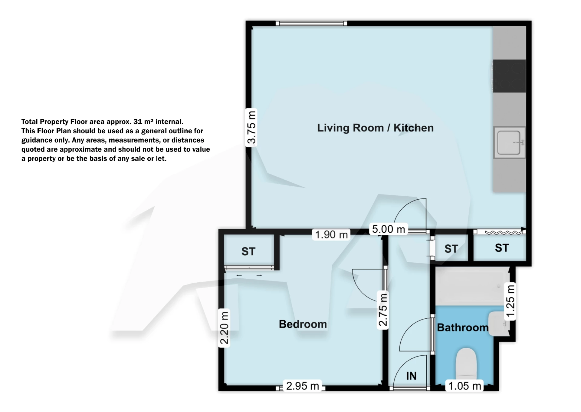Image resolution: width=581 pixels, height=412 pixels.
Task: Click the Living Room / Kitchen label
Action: [x=375, y=128]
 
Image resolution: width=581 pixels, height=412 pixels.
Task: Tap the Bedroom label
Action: [x=303, y=324]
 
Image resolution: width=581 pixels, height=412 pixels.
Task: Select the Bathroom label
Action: [x=462, y=327]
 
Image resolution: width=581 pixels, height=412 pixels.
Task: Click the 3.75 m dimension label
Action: [x=251, y=127]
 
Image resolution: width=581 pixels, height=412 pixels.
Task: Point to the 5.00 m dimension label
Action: [x=388, y=229]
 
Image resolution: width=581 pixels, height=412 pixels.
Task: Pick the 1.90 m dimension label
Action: [x=331, y=235]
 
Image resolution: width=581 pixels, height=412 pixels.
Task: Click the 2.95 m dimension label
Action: [x=302, y=386]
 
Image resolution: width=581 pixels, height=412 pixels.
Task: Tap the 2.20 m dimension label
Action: [x=224, y=327]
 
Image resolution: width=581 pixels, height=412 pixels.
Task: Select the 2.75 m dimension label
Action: [x=383, y=309]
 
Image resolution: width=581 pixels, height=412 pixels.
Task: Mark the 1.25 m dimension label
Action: [x=510, y=301]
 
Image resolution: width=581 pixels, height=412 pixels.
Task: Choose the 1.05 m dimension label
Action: [x=464, y=386]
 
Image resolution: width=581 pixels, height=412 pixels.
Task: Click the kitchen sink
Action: [x=509, y=142]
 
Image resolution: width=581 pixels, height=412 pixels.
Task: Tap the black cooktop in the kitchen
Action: [x=509, y=76]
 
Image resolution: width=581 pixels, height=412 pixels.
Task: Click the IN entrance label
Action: [x=411, y=376]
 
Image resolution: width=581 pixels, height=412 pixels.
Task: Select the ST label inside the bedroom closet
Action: [x=248, y=251]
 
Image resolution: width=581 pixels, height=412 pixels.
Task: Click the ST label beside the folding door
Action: [x=502, y=248]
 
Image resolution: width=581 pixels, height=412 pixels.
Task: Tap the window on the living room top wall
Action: [x=311, y=23]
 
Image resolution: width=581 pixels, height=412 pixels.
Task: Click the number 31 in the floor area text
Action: [x=138, y=121]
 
